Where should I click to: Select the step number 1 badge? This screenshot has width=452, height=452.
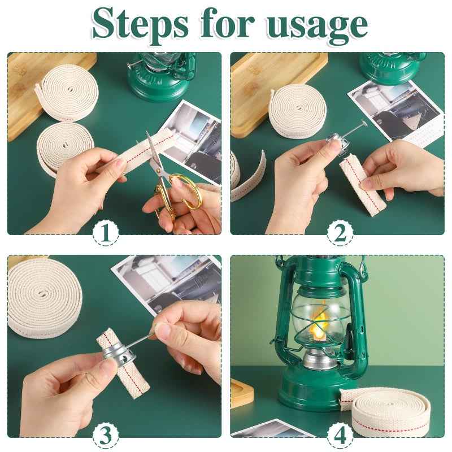tap(106, 233)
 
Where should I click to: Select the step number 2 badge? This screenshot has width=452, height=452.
tap(341, 233)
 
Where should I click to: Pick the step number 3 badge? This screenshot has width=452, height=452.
tap(106, 434)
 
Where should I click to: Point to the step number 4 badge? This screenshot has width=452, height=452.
tap(341, 434)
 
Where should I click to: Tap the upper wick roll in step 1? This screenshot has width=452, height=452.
tap(68, 93)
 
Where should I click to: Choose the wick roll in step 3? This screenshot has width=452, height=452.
tap(44, 297)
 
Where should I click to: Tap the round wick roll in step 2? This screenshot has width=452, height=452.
tap(297, 110)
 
